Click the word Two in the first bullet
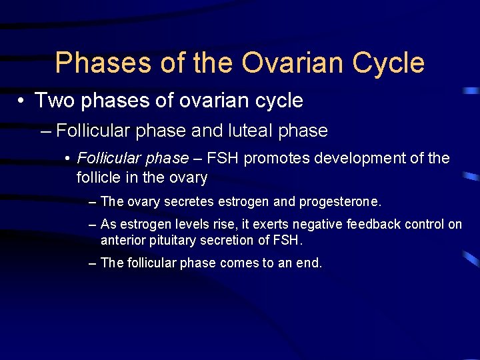pos(51,101)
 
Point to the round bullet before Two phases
pos(22,101)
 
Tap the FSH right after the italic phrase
pos(223,159)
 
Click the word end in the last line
pos(309,263)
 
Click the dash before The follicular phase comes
pos(93,263)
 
